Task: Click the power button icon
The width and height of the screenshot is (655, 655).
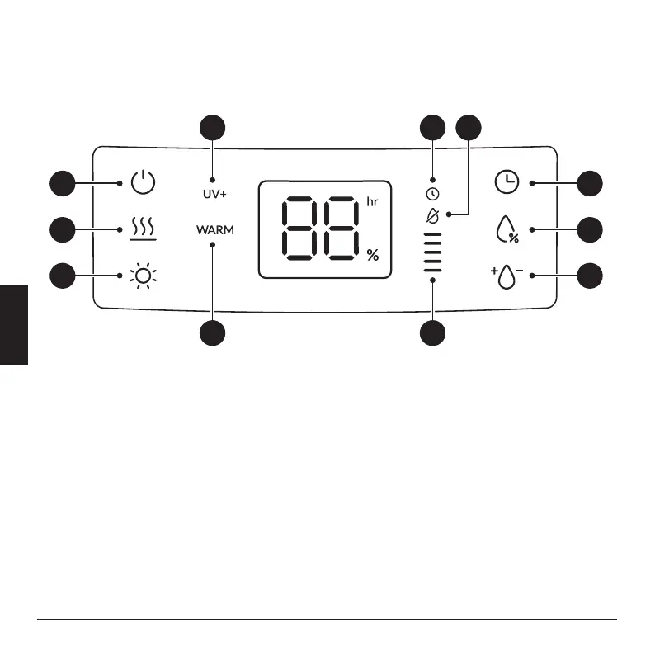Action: coord(143,181)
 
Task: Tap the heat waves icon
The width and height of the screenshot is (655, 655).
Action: coord(143,228)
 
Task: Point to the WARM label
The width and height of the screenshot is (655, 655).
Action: coord(214,230)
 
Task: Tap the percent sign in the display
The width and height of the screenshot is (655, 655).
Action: coord(373,256)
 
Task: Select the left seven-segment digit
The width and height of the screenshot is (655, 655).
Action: coord(300,229)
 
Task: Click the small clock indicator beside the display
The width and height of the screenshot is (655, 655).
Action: coord(432,195)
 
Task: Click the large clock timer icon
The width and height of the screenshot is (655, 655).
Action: coord(507,181)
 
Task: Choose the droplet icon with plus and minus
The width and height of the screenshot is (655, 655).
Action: coord(507,275)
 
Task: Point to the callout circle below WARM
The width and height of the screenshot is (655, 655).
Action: coord(213,333)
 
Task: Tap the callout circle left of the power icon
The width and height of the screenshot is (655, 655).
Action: coord(61,182)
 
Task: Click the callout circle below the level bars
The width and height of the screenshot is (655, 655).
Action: coord(432,333)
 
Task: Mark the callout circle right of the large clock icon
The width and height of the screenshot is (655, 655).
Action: coord(589,182)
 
